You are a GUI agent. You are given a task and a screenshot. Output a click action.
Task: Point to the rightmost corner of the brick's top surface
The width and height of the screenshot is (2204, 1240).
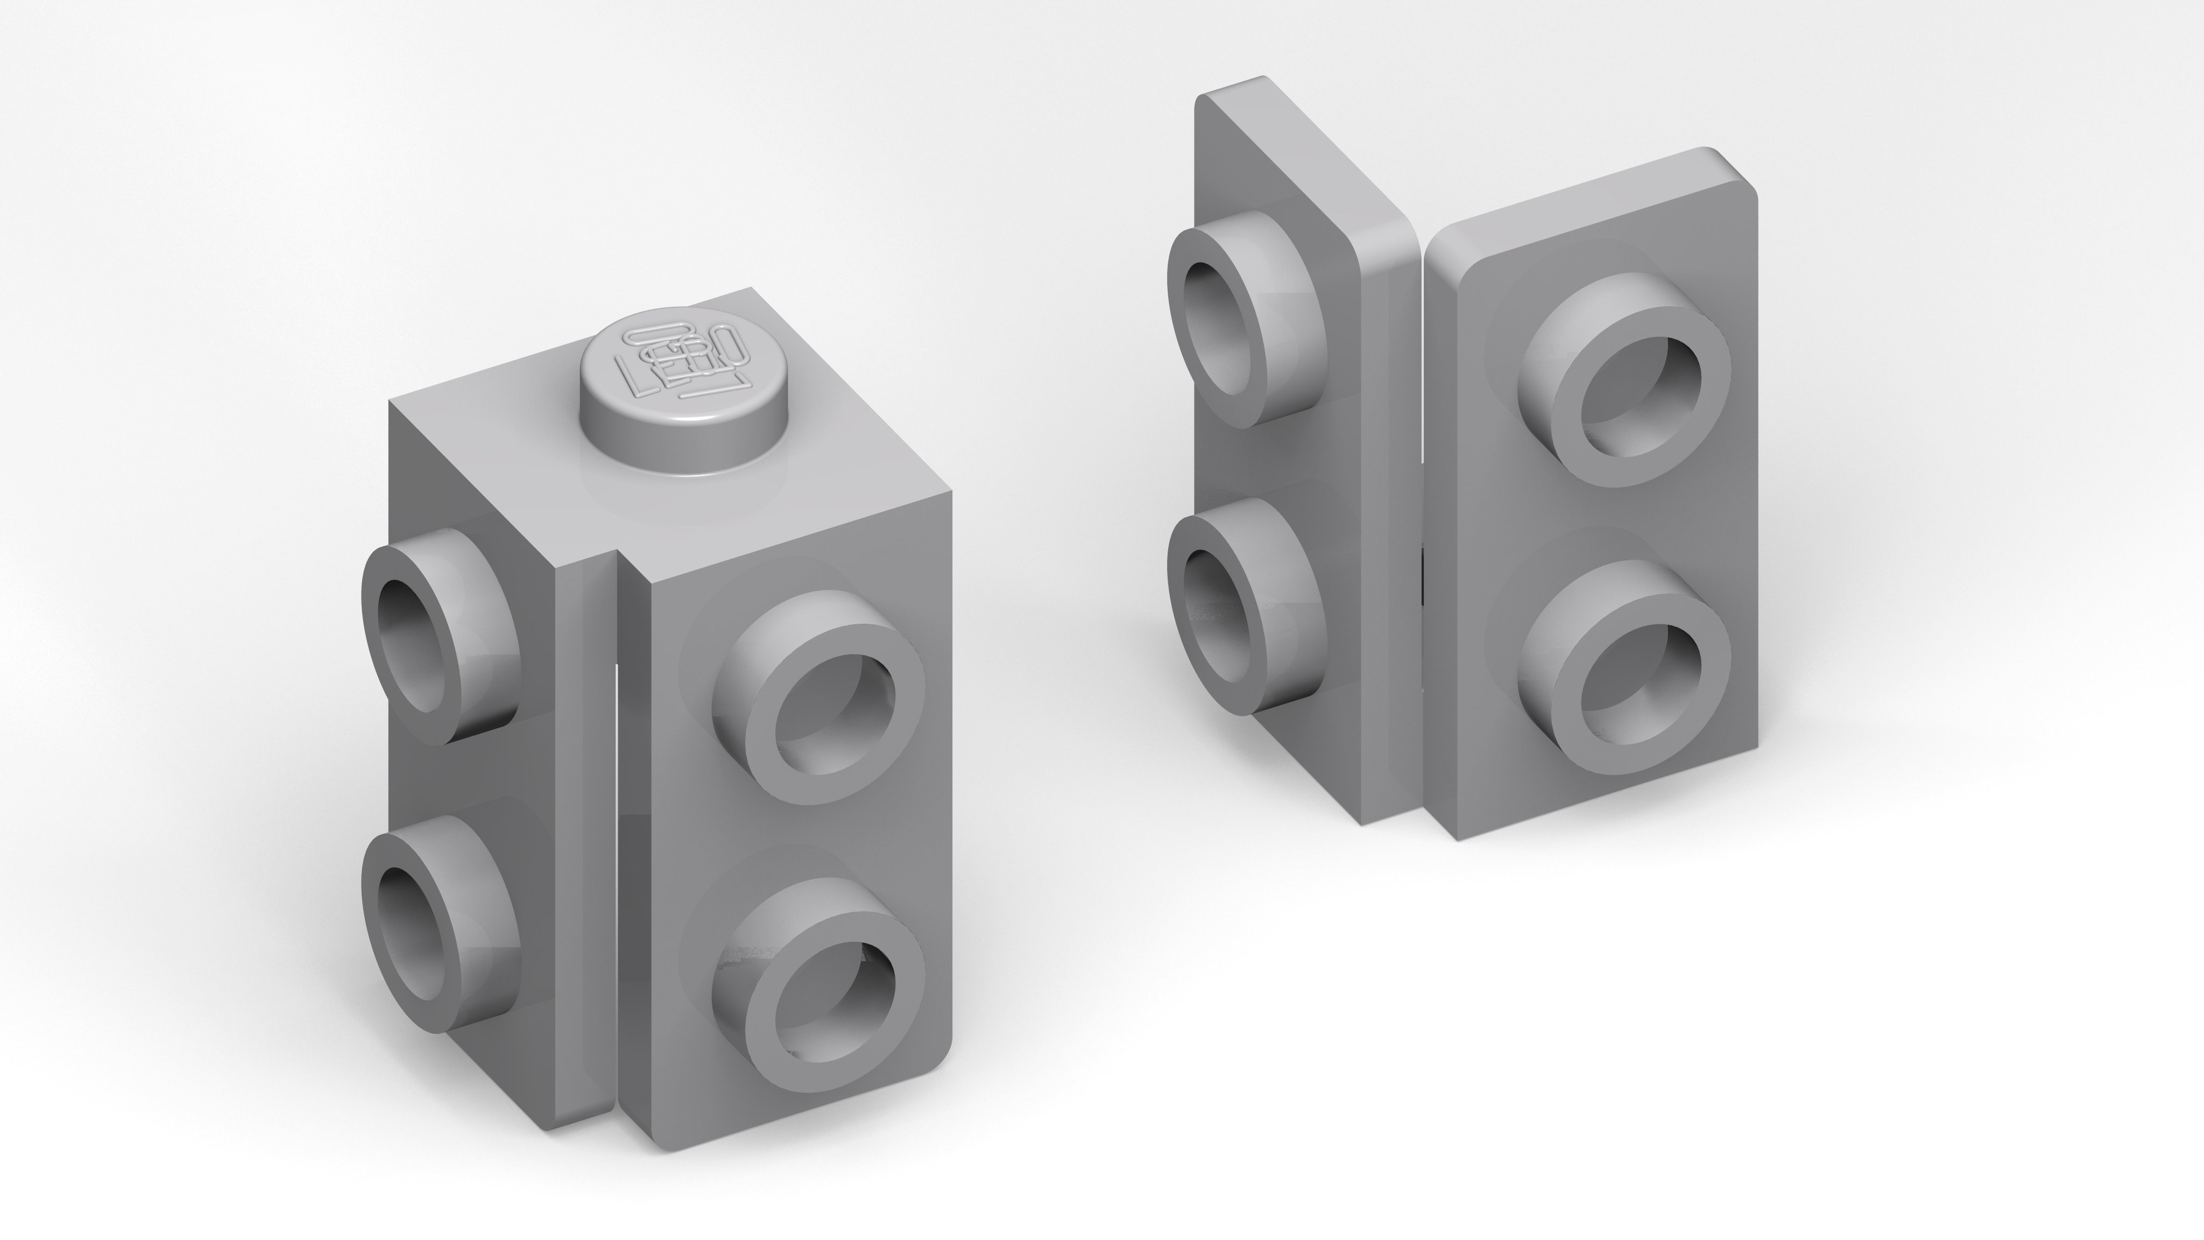[x=950, y=492]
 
